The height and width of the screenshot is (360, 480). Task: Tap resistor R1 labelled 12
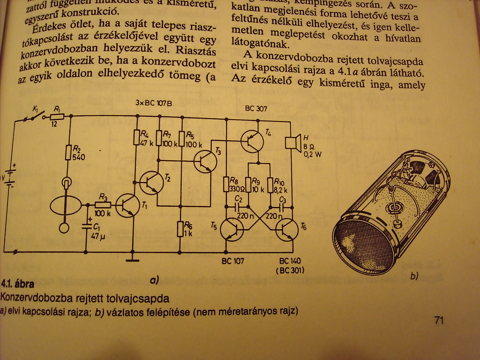click(x=57, y=117)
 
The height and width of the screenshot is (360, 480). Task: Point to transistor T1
click(x=127, y=207)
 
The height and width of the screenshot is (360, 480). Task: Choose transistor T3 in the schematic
click(x=205, y=161)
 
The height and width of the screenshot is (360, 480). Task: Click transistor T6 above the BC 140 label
click(x=287, y=230)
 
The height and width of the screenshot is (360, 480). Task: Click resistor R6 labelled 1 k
click(x=181, y=229)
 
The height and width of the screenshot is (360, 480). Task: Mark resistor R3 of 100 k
click(x=103, y=205)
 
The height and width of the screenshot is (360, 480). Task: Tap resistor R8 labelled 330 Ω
click(x=227, y=183)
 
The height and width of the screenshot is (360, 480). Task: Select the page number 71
click(x=439, y=321)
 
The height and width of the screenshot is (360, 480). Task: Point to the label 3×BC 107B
click(x=153, y=103)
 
